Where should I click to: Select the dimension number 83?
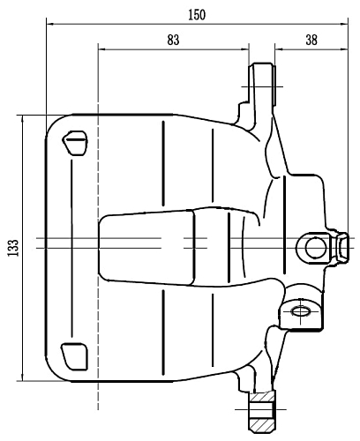(x=174, y=40)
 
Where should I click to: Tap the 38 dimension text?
(x=311, y=40)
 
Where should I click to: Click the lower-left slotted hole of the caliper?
(x=73, y=355)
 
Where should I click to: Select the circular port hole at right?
(x=314, y=247)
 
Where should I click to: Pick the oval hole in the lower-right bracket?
(x=301, y=310)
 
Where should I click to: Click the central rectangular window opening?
(x=146, y=246)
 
